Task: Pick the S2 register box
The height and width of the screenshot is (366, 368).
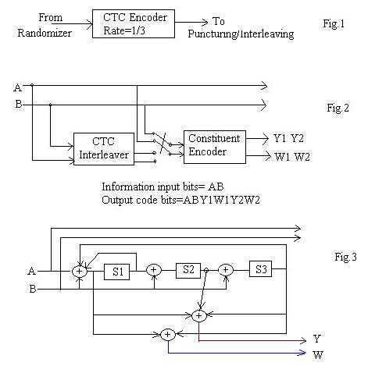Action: [x=188, y=269]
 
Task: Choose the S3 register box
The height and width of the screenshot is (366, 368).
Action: [x=261, y=269]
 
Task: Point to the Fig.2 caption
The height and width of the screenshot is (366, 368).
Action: [x=338, y=105]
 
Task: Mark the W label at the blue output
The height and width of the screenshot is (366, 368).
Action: [x=317, y=355]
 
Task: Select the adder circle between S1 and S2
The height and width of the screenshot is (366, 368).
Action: [x=154, y=270]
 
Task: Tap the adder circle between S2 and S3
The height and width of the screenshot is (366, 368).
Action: [x=225, y=270]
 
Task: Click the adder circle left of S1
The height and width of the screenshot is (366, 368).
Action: [x=79, y=271]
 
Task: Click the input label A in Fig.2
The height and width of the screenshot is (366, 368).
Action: [x=17, y=87]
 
